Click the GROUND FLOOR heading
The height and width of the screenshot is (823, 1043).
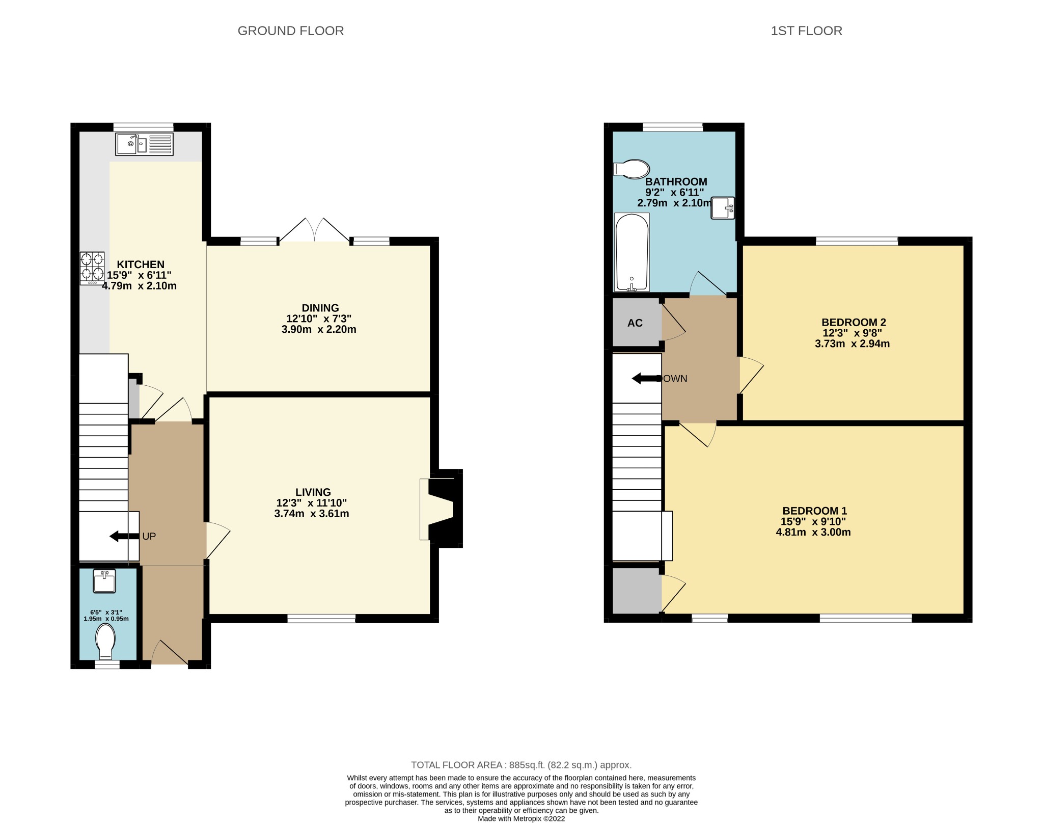(290, 31)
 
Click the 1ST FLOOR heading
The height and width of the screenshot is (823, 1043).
(806, 31)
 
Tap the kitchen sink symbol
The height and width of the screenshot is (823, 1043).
(144, 144)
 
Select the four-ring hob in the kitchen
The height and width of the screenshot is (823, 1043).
(92, 268)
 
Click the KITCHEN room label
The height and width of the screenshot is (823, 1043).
(141, 264)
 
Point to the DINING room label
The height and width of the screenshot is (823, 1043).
(320, 308)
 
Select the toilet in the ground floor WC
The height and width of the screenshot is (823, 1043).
(105, 642)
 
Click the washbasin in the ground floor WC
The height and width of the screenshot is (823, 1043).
(104, 581)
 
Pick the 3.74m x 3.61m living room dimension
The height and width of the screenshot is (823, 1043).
(311, 514)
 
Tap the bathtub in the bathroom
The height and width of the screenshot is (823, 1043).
(632, 252)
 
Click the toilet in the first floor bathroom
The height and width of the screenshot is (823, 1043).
(632, 169)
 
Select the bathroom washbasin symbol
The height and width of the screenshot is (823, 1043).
(723, 208)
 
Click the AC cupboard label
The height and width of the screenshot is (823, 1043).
(635, 323)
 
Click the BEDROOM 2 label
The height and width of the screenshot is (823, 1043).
(854, 322)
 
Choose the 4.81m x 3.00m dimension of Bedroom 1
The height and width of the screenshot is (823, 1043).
(813, 533)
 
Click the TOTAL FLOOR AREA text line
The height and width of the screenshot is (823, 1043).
(521, 765)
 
